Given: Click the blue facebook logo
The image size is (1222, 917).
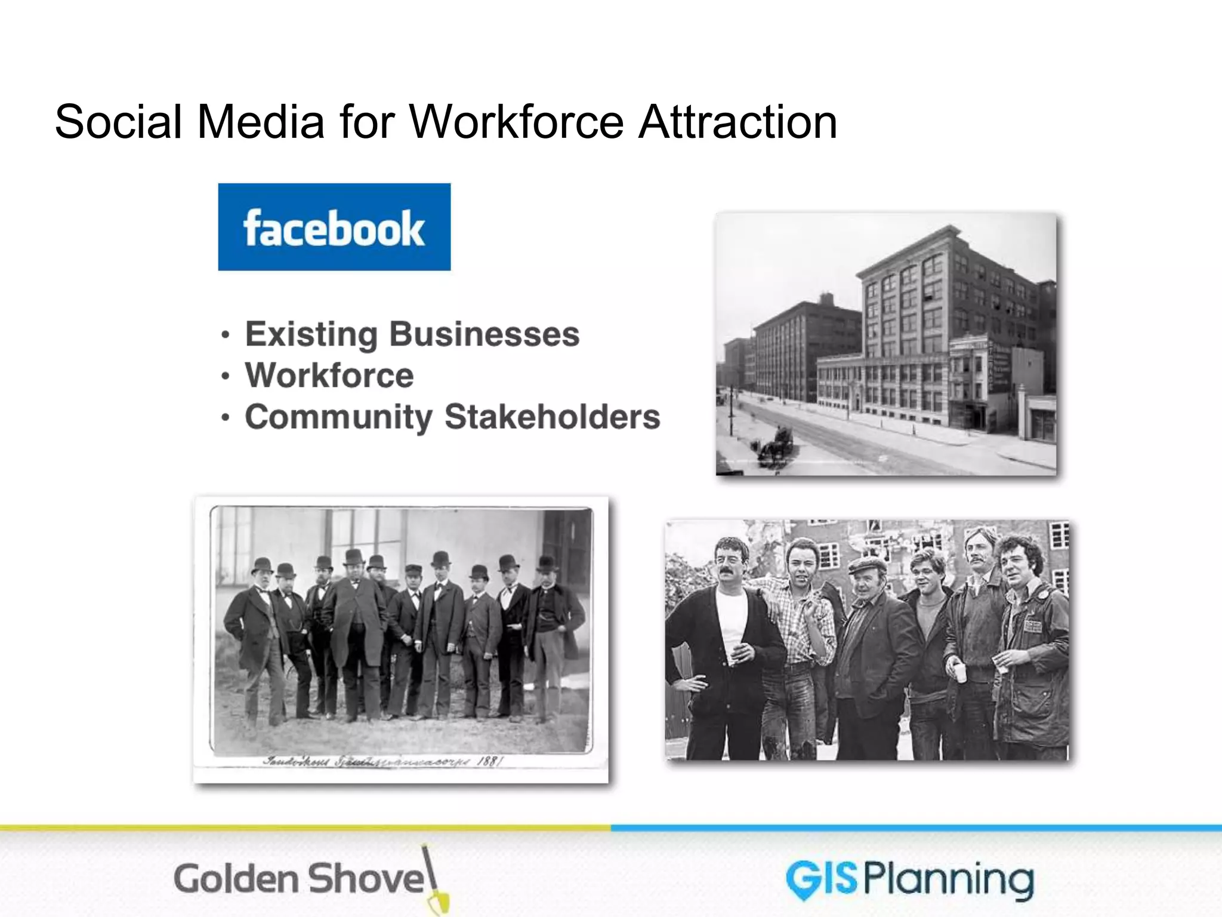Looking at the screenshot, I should tap(334, 227).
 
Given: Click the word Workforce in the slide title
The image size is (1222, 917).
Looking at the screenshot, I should tap(517, 122).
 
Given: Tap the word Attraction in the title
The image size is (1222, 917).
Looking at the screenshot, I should tap(738, 122).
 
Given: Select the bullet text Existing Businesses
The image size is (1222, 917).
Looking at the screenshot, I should tap(412, 334).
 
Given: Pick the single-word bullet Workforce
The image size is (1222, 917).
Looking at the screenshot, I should tap(329, 376).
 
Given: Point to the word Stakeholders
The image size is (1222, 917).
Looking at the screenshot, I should tap(553, 417).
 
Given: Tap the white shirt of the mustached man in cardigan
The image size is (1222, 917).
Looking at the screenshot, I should tap(732, 615).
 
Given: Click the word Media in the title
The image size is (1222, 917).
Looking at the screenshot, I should tap(261, 122).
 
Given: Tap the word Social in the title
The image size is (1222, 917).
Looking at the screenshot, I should tap(118, 122).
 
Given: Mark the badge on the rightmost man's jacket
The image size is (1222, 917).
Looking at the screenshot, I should tap(1032, 626).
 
